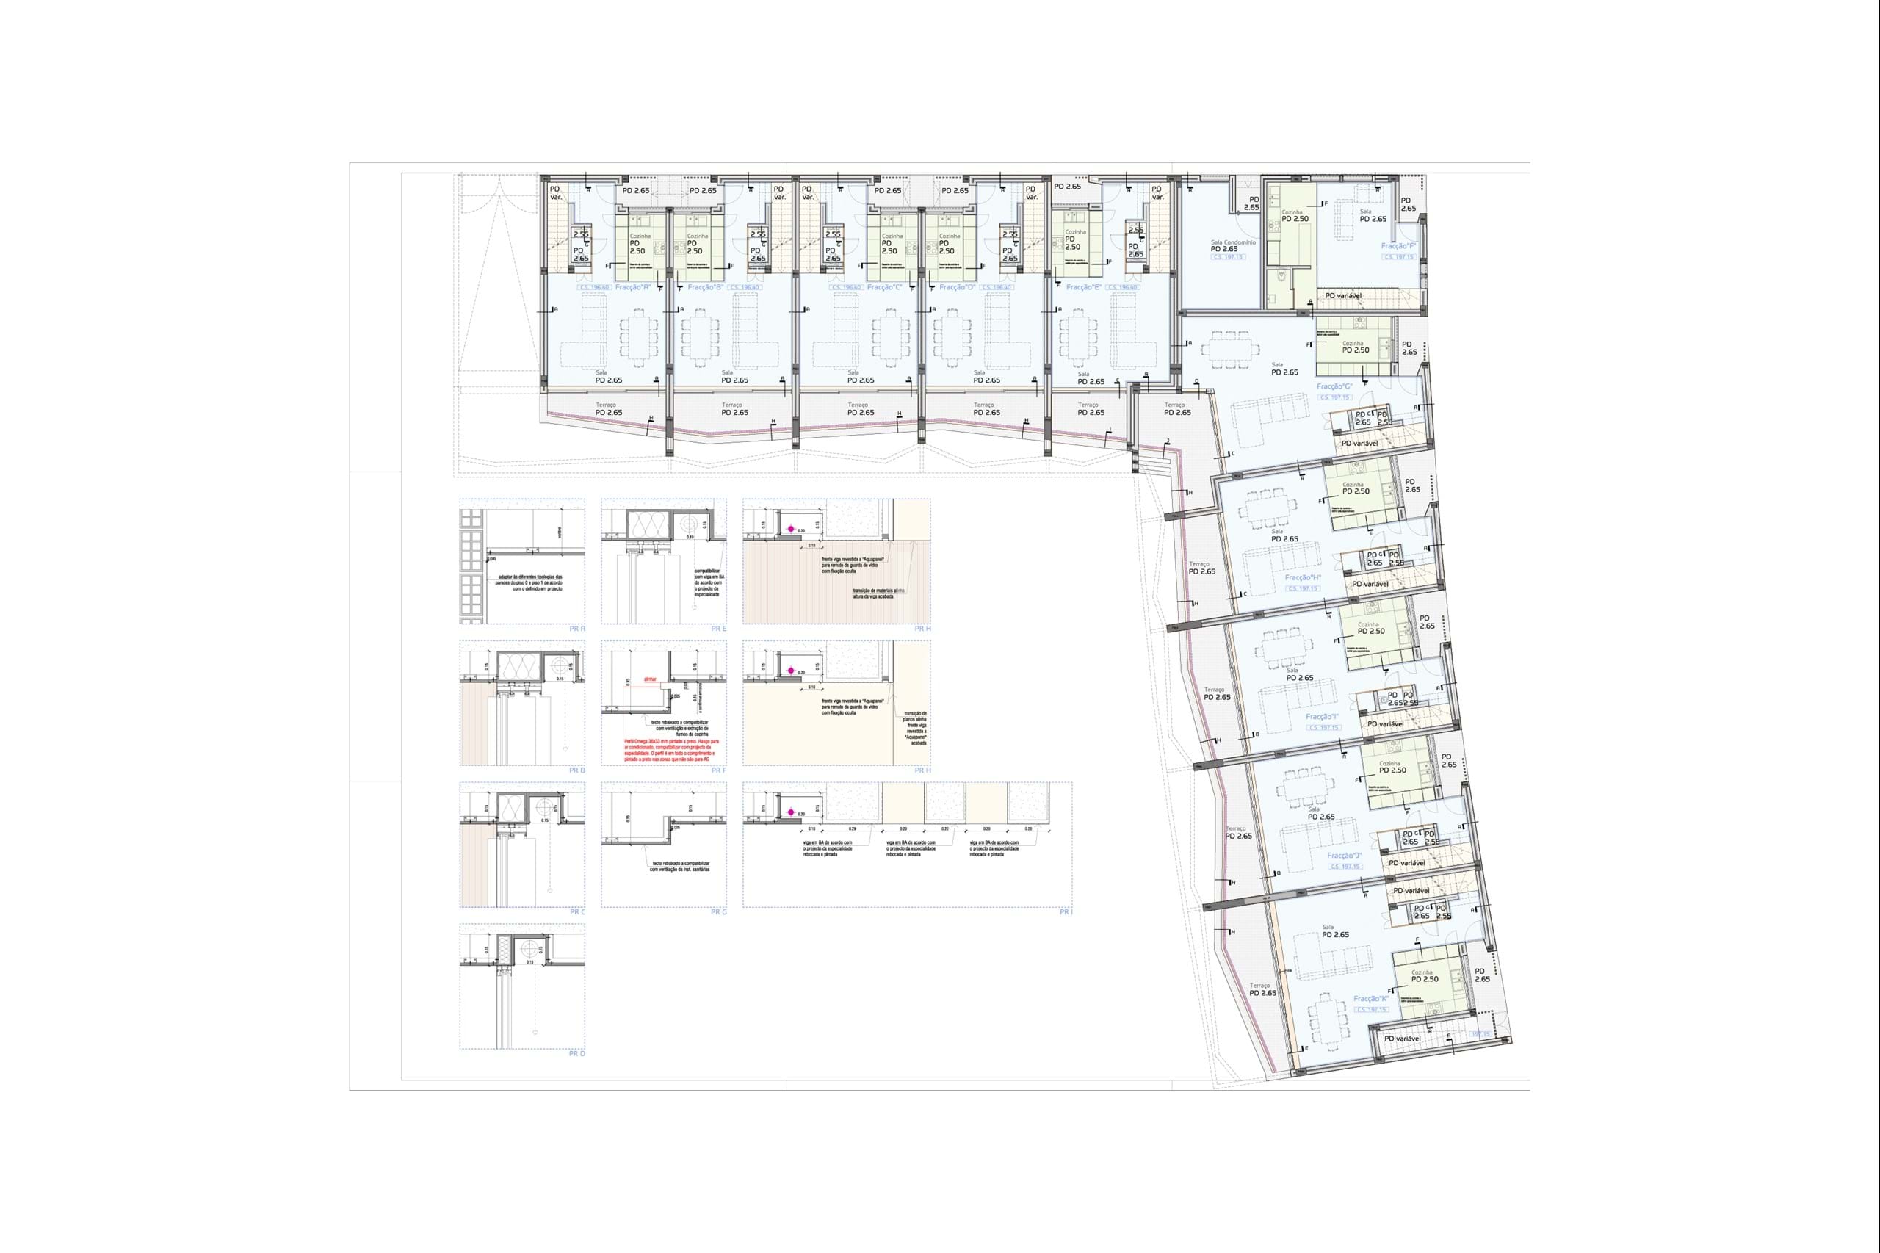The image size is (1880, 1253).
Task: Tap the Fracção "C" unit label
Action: pos(884,287)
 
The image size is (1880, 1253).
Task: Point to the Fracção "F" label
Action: pos(1399,246)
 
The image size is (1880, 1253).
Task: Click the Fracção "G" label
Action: pos(1334,386)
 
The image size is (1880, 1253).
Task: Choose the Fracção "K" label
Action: pos(1371,998)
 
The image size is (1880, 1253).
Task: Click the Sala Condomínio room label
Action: pos(1234,242)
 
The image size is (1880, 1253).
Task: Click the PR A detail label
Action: pos(577,629)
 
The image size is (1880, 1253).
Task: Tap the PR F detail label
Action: pos(718,770)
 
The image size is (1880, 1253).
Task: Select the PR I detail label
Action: pos(1066,911)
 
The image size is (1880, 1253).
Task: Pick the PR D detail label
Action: pos(577,1053)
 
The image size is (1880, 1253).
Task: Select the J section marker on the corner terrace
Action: pos(1168,442)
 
